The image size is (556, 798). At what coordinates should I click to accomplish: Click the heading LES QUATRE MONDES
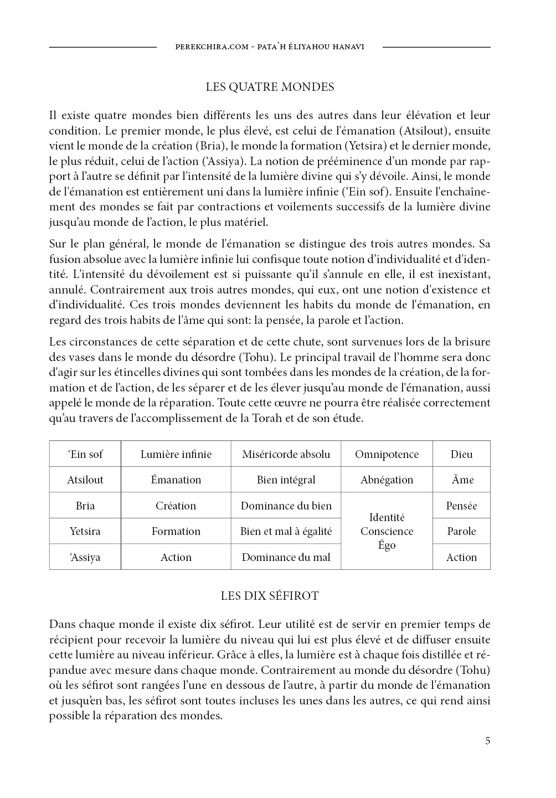270,87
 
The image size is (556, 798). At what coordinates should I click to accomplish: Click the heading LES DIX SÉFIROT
270,596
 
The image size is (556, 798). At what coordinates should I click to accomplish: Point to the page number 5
487,741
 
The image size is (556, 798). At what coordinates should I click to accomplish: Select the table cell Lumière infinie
176,454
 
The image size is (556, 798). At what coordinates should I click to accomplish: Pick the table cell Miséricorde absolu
286,454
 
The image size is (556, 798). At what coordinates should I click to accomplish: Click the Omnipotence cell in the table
387,454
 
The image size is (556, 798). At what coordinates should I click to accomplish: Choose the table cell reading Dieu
461,454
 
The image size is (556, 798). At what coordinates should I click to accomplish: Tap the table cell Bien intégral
286,480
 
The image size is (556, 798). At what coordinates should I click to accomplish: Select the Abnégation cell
387,480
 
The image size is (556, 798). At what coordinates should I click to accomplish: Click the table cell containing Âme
461,480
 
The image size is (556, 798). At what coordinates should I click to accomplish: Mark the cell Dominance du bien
286,506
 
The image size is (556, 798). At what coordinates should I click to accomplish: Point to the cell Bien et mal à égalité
286,531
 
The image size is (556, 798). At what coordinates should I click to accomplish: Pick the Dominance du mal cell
286,557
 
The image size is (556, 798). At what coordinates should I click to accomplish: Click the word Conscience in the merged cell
387,531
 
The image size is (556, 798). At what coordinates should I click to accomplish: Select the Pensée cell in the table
461,506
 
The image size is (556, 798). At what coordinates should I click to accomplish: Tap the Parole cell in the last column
461,531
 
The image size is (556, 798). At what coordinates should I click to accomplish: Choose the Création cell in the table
176,506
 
